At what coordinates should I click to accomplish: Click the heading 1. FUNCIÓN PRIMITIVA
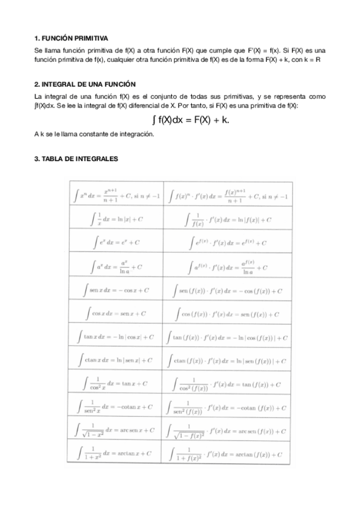tap(72, 38)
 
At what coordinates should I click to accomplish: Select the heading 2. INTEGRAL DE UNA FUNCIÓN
tap(85, 85)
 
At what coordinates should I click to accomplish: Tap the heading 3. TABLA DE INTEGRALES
tap(76, 159)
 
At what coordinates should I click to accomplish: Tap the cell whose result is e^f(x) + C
tap(228, 243)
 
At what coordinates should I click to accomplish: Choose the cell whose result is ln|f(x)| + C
tap(228, 220)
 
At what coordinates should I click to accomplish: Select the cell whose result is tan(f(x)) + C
tap(228, 384)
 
